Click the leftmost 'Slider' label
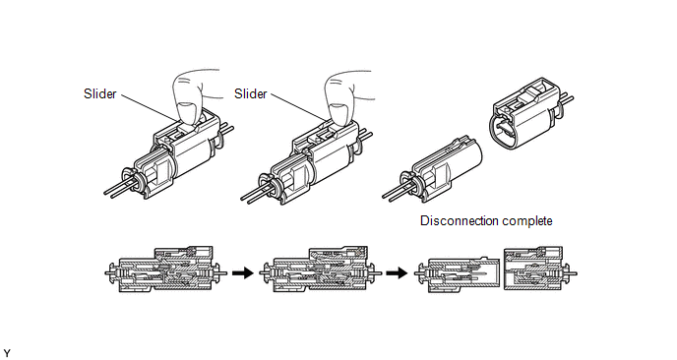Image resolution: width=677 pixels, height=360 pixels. point(99,93)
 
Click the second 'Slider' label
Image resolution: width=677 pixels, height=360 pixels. point(250,93)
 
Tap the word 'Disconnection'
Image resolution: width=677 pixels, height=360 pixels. point(460,220)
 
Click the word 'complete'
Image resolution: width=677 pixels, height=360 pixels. point(527,221)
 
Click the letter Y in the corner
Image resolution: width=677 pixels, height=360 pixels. point(7,353)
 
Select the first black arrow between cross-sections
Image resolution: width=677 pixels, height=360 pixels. point(243,272)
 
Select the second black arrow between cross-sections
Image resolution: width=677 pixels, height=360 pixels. point(397,272)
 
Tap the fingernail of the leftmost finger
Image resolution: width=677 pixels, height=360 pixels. point(187,111)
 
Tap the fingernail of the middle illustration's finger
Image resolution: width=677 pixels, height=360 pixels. point(338,111)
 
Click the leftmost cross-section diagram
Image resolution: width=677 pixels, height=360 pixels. point(166,270)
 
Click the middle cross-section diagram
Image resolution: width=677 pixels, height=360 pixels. point(321,270)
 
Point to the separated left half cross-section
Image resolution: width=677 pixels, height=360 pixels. point(457,275)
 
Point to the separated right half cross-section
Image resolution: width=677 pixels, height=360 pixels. point(540,269)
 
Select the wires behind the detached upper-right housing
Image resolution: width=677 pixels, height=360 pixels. point(567,99)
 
